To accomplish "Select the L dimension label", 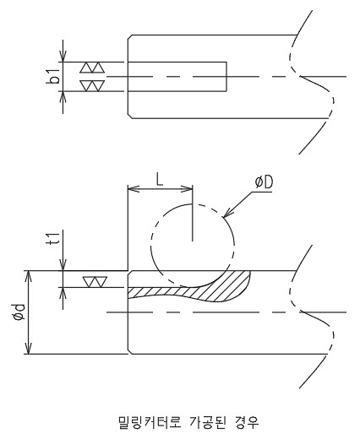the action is [160, 180].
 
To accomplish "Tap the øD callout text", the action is [264, 182].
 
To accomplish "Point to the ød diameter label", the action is [20, 312].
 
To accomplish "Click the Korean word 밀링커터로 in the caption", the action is [149, 422].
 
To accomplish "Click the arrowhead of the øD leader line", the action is [226, 214].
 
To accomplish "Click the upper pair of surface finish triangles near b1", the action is [92, 68].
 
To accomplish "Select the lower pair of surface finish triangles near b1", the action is [92, 85].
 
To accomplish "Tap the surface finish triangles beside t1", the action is [95, 282].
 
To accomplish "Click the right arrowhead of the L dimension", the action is [188, 188].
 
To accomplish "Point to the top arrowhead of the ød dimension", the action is [28, 276].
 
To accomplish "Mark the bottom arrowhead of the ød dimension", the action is [28, 348].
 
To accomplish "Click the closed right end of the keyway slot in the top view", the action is [226, 77].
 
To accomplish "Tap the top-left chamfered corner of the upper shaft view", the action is [130, 37].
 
